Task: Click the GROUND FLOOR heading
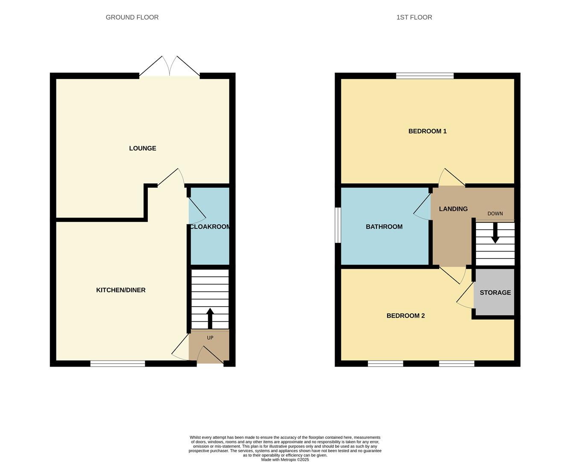pos(132,18)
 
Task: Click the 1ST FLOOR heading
pos(414,18)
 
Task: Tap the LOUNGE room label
pos(142,148)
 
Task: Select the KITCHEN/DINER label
pos(120,290)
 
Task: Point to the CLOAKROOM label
pos(210,227)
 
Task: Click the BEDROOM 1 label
pos(427,131)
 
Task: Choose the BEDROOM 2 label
pos(405,316)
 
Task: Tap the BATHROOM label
pos(384,227)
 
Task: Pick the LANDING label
pos(453,209)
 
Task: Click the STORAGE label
pos(495,293)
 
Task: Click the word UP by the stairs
pos(210,338)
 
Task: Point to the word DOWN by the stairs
pos(495,213)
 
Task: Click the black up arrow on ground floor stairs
pos(210,318)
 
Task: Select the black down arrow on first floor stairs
pos(495,233)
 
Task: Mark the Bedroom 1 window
pos(425,76)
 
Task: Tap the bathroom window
pos(338,225)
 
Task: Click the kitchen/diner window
pos(118,364)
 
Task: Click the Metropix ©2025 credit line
pos(285,459)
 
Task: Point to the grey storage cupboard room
pos(494,292)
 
